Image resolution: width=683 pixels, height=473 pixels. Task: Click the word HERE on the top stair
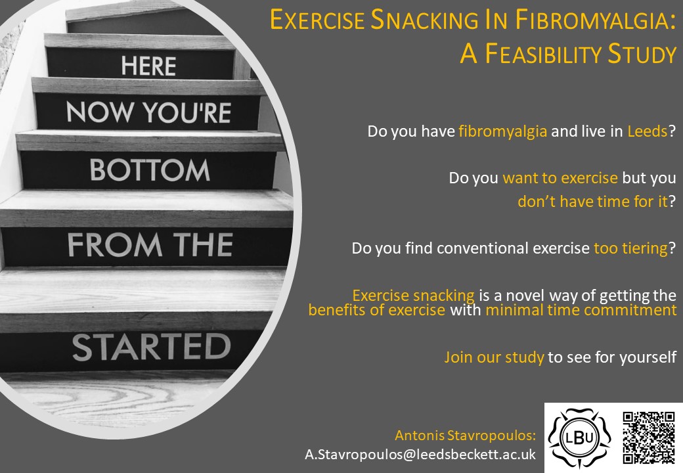(x=148, y=66)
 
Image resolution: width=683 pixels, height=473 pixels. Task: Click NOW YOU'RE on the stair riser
(x=148, y=113)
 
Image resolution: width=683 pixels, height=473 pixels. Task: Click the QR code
(x=648, y=437)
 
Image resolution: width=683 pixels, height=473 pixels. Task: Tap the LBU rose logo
(x=579, y=438)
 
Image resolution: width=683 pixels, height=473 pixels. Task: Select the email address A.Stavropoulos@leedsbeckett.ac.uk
(x=420, y=454)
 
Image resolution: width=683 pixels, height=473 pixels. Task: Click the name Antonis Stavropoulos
(x=465, y=435)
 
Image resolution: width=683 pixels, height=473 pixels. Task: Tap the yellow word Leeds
(x=648, y=131)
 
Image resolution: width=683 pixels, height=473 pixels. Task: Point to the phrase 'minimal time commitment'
(x=581, y=310)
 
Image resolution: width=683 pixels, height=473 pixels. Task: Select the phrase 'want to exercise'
(x=560, y=178)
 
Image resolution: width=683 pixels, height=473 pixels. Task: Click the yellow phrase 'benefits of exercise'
(x=376, y=310)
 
